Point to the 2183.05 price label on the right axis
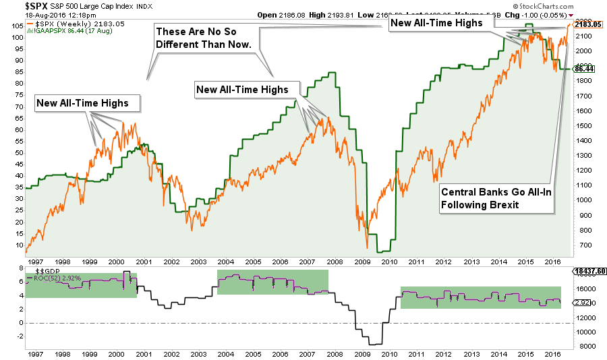click(588, 24)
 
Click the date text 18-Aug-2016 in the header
click(32, 15)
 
